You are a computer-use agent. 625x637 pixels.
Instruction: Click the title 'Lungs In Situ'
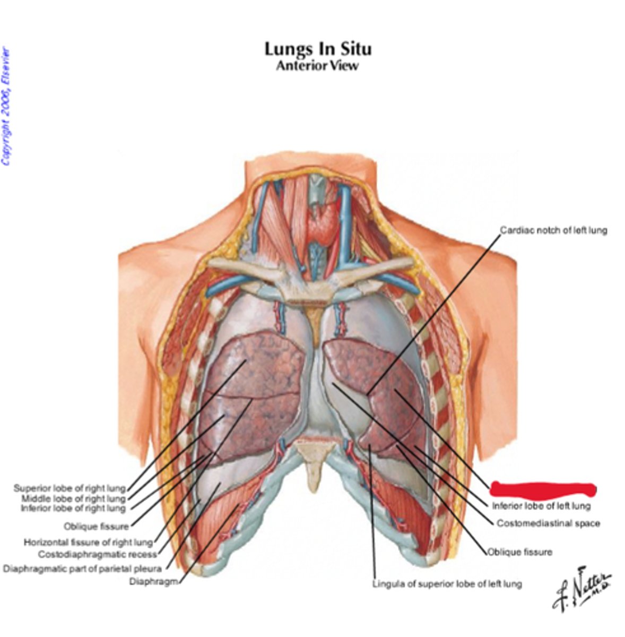[x=318, y=49]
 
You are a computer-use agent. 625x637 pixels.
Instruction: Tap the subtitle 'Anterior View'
[x=317, y=65]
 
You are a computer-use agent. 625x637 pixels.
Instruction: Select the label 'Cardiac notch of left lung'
[x=553, y=230]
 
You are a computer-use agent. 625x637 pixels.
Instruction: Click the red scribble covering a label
[x=542, y=488]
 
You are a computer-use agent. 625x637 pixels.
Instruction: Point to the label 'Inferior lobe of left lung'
[x=541, y=506]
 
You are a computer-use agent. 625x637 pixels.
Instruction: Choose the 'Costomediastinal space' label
[x=548, y=523]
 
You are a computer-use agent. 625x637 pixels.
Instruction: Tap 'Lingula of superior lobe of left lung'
[x=447, y=584]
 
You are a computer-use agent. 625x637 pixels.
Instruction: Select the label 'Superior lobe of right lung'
[x=70, y=488]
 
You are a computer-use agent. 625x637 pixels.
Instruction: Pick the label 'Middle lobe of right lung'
[x=73, y=498]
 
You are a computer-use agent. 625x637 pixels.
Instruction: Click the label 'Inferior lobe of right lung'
[x=73, y=509]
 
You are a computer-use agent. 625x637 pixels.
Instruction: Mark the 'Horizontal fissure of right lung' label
[x=88, y=543]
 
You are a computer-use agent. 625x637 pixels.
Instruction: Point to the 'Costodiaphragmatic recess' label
[x=98, y=555]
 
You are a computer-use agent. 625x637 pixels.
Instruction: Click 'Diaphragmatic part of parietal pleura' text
[x=82, y=569]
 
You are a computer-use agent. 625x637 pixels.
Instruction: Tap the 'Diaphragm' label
[x=153, y=581]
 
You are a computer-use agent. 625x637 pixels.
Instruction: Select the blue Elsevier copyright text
[x=6, y=106]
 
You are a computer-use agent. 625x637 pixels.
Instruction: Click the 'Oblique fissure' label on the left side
[x=96, y=527]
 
